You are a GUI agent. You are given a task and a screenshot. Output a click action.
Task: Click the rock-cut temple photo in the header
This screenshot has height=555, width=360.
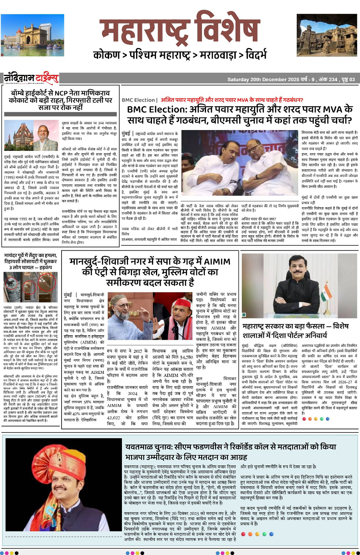point(327,35)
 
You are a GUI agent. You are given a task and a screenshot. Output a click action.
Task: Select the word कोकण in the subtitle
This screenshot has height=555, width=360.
point(106,54)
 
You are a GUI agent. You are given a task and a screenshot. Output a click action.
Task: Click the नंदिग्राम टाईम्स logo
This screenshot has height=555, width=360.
point(31,78)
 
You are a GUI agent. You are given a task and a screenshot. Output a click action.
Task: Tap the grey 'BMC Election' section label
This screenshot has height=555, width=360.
point(138,100)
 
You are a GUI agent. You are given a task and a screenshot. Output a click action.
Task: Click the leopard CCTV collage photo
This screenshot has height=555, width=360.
point(30,287)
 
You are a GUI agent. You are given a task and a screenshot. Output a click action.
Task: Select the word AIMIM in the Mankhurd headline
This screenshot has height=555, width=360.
point(217,262)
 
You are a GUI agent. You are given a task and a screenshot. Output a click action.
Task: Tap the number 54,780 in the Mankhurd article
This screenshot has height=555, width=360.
point(186,357)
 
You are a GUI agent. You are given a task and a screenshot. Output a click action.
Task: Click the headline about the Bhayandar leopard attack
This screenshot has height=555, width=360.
point(31,261)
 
